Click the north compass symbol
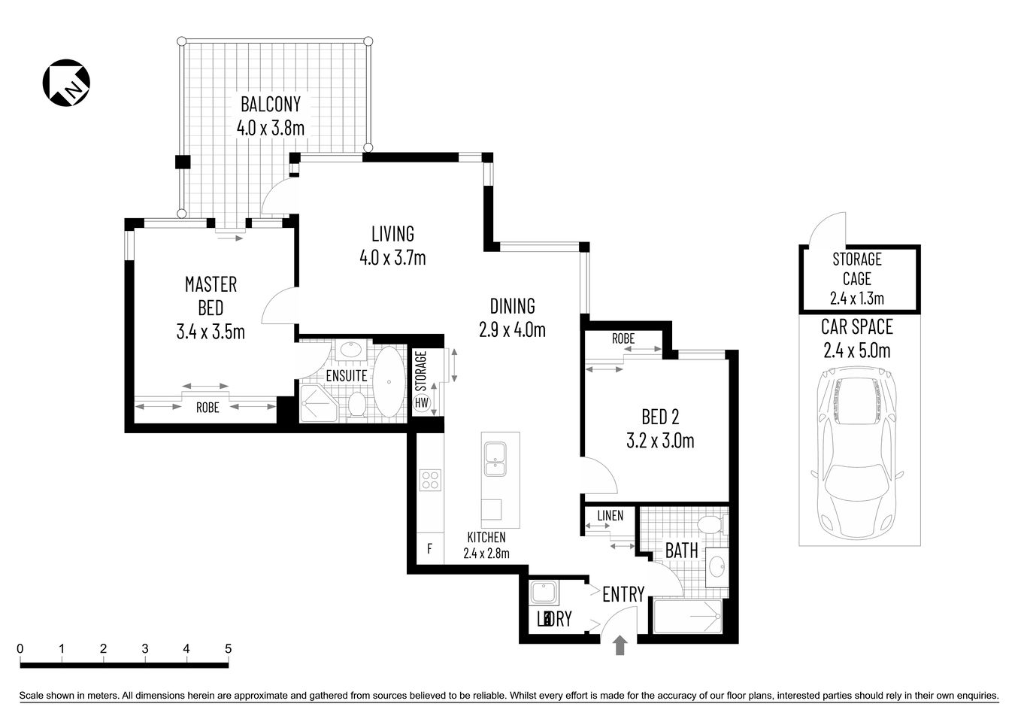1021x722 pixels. [x=65, y=81]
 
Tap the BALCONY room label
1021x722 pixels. [x=270, y=104]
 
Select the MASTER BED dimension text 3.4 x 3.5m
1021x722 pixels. [x=211, y=331]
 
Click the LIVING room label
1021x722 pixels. [x=392, y=233]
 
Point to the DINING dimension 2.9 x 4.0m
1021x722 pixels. [x=511, y=329]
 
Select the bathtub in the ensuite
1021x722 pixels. [x=389, y=381]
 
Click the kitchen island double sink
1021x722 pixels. [x=495, y=460]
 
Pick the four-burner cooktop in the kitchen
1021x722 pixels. [x=430, y=480]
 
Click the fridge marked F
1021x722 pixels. [x=429, y=548]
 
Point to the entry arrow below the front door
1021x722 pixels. [x=620, y=645]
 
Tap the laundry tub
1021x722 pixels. [x=543, y=593]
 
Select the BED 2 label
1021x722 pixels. [x=660, y=416]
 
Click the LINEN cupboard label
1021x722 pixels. [x=610, y=515]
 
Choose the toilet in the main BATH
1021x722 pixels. [x=709, y=524]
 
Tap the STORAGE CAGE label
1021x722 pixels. [x=856, y=268]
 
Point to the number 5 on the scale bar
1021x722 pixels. [x=228, y=648]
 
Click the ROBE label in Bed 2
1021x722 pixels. [x=623, y=338]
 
